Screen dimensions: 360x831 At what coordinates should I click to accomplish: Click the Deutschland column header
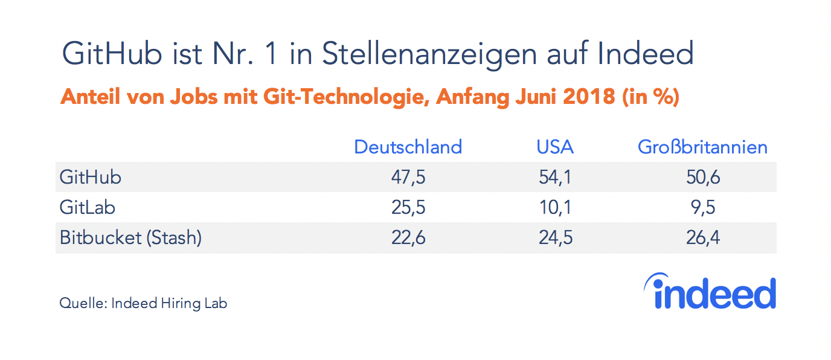[x=408, y=147]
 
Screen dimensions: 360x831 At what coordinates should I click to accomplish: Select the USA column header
[x=555, y=147]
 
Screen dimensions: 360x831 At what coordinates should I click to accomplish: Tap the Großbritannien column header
[x=702, y=147]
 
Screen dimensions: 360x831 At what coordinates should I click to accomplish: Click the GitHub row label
[x=91, y=177]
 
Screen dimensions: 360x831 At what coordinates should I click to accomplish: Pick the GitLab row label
[x=88, y=207]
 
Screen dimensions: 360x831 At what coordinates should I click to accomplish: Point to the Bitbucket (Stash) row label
[x=130, y=237]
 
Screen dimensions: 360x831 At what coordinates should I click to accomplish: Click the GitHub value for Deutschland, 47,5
[x=408, y=177]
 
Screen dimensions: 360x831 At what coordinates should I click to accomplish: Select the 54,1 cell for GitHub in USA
[x=555, y=177]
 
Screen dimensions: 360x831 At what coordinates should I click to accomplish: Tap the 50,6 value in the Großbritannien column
[x=702, y=177]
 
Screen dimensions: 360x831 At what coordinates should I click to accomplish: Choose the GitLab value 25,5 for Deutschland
[x=408, y=207]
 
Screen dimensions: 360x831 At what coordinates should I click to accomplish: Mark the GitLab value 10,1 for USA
[x=555, y=207]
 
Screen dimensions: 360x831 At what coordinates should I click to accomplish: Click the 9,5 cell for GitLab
[x=702, y=207]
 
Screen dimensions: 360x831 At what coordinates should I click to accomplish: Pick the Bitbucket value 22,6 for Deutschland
[x=408, y=237]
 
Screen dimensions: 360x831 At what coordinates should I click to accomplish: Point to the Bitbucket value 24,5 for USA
[x=555, y=237]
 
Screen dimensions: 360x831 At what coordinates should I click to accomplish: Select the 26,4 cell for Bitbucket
[x=702, y=237]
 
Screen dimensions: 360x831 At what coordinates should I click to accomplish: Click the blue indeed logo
[x=710, y=292]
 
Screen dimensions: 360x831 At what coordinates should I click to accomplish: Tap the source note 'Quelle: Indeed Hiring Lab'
[x=143, y=303]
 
